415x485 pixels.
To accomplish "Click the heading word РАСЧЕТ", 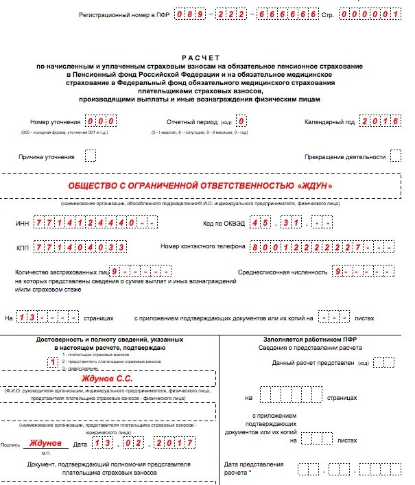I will (201, 58).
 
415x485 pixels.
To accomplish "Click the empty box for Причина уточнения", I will (91, 156).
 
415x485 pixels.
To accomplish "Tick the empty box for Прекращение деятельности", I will (395, 156).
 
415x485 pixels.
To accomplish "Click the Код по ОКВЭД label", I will (223, 224).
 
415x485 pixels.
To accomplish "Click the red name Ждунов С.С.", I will (106, 379).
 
